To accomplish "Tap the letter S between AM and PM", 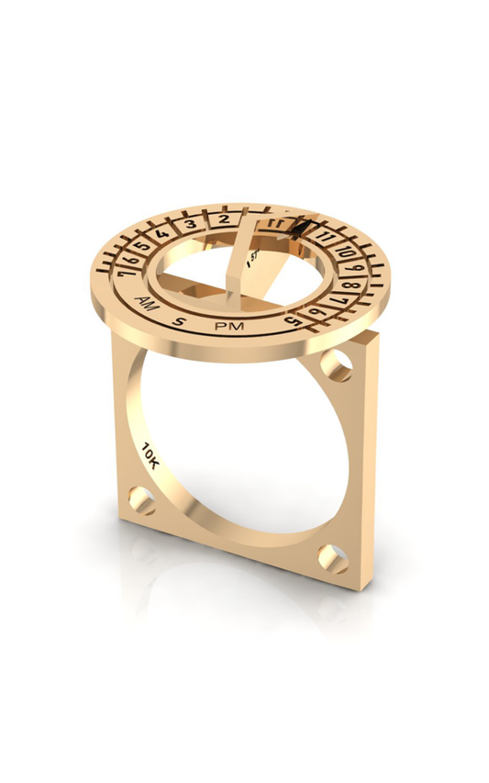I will click(180, 320).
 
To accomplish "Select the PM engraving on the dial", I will click(226, 327).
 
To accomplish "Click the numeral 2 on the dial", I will click(223, 219).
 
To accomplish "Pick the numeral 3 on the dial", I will click(189, 223).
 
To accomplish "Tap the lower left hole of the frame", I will click(141, 500).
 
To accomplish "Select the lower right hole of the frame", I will click(332, 557).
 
